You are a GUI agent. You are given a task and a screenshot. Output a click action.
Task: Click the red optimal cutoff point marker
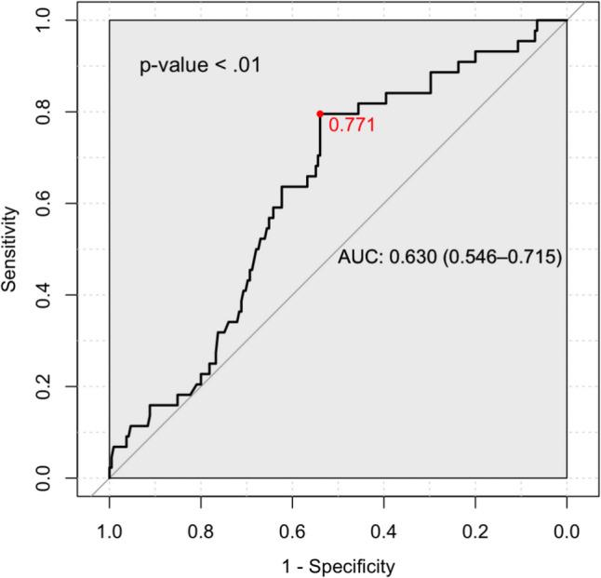320,114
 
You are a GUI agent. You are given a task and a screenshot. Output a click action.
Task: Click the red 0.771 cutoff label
352,125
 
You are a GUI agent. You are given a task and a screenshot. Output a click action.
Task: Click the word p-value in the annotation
170,67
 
